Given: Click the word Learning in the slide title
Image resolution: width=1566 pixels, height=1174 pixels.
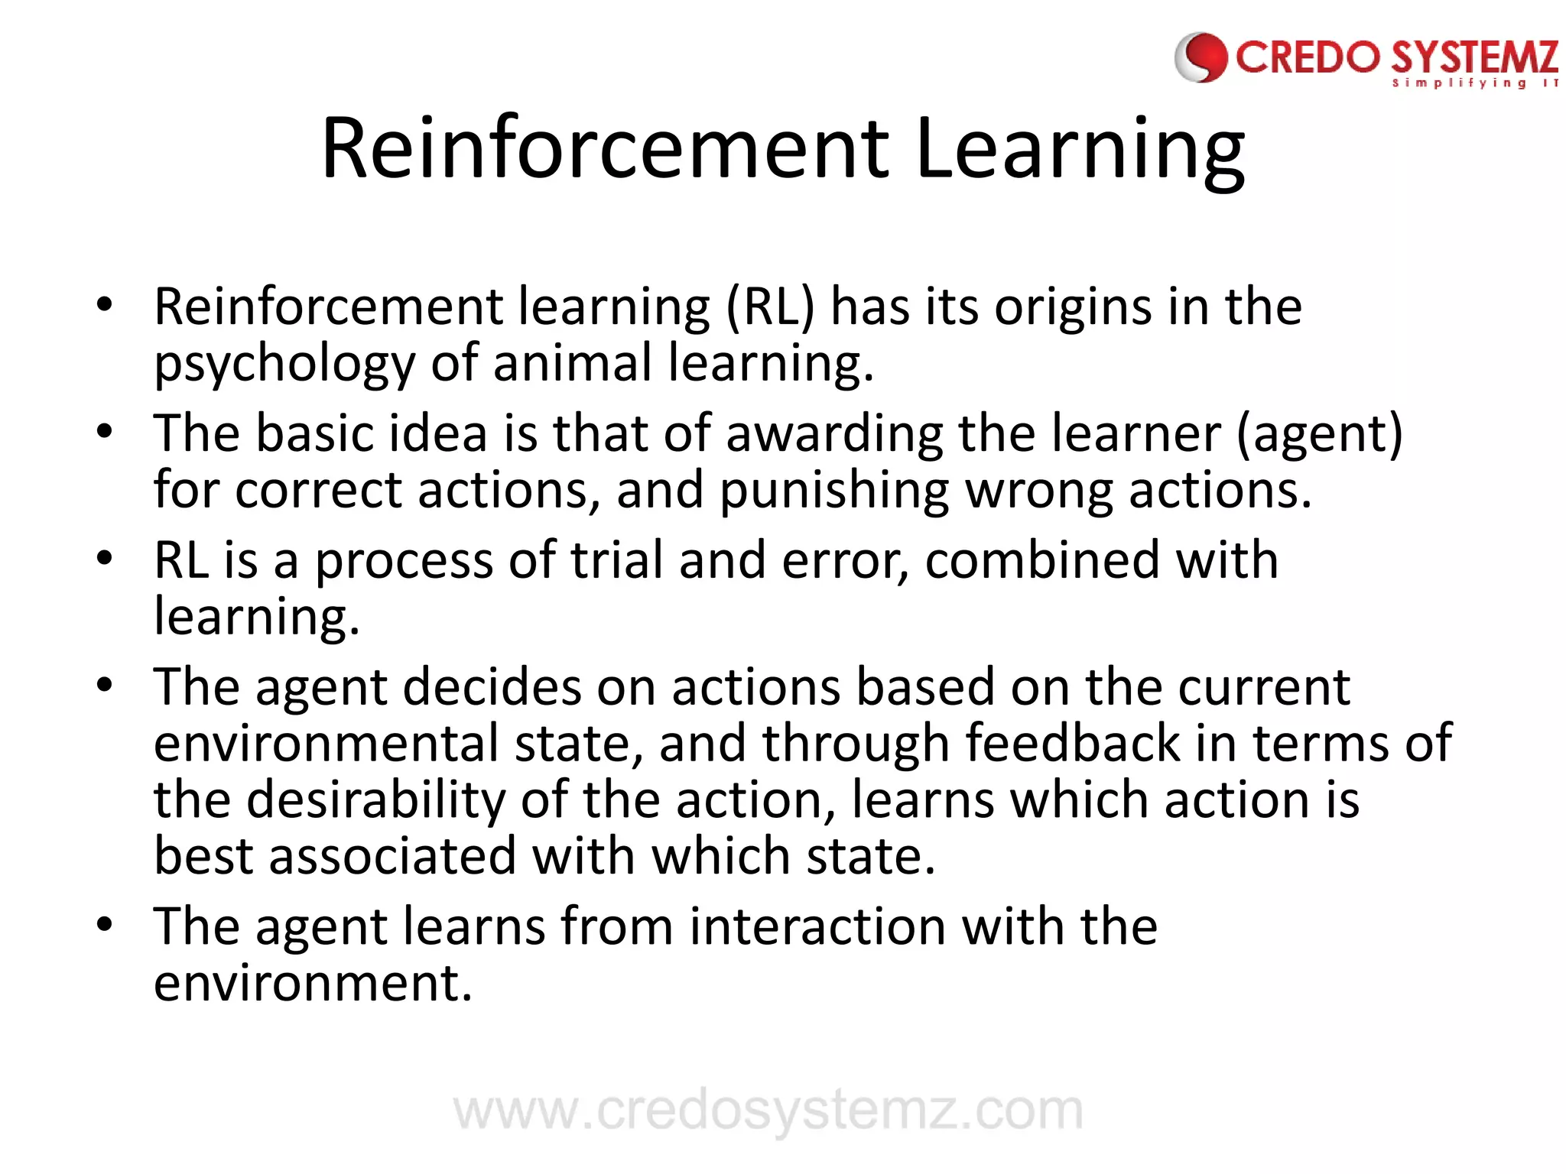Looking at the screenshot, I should click(1079, 149).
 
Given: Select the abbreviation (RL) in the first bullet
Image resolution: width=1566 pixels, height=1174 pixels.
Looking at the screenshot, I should click(770, 307).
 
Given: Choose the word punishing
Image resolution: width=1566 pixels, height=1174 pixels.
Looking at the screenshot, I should click(834, 491).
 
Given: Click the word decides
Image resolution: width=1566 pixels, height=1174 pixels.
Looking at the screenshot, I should click(492, 687).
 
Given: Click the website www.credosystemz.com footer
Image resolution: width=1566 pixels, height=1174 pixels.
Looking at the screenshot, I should click(768, 1111).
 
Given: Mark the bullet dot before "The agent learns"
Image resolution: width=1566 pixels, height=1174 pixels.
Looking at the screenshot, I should click(105, 924).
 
